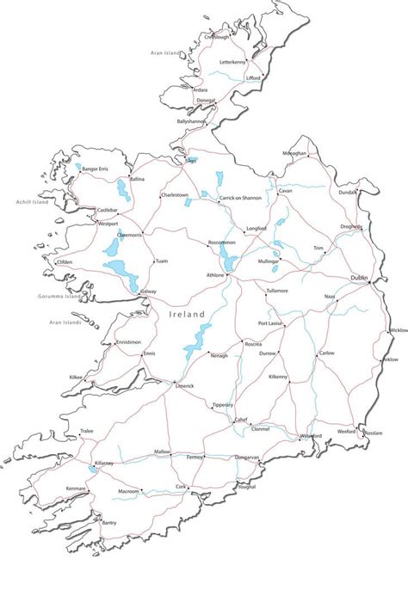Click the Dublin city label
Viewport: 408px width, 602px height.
click(x=360, y=278)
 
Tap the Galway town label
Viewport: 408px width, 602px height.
click(x=148, y=292)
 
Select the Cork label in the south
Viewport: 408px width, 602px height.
click(x=181, y=487)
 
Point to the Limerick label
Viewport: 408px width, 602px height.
click(x=184, y=386)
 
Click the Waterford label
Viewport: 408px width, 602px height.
click(x=310, y=436)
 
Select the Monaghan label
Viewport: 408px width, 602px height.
click(x=294, y=152)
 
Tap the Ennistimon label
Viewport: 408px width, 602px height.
click(x=127, y=341)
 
